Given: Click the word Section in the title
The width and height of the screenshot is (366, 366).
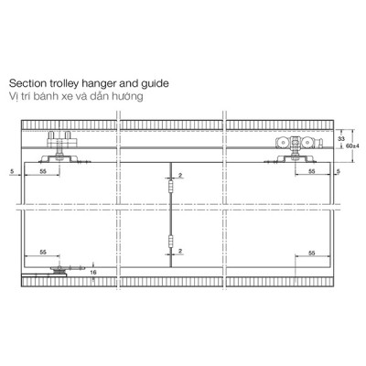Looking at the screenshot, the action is click(x=27, y=83).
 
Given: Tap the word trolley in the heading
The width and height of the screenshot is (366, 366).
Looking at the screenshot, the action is click(x=62, y=83).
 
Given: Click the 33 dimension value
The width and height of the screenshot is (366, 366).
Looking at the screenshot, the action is click(x=341, y=139).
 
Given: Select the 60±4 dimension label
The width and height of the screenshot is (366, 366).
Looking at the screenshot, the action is click(x=353, y=145).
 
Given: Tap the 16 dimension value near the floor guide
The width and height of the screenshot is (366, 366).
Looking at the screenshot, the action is click(x=93, y=273).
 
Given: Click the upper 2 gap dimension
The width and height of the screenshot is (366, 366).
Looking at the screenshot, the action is click(x=180, y=175).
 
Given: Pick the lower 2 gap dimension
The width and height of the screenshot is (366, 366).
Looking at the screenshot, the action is click(x=180, y=251).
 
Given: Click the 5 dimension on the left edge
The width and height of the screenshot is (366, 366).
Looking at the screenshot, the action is click(x=12, y=171).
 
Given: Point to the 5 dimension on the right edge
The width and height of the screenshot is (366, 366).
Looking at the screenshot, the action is click(x=338, y=172).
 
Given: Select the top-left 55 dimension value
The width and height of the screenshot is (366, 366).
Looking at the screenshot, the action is click(x=43, y=171).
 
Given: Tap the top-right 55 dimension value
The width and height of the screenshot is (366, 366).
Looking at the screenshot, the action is click(x=311, y=172).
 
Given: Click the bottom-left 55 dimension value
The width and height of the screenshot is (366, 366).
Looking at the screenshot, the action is click(x=43, y=253).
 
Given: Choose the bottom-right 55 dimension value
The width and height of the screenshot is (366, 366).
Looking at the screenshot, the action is click(x=311, y=253).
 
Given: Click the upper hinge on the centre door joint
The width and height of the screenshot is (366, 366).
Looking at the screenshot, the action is click(x=171, y=185).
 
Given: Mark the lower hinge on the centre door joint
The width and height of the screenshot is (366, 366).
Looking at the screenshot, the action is click(x=171, y=241).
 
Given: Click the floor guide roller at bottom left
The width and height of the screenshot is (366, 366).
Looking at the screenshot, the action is click(x=59, y=271).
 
